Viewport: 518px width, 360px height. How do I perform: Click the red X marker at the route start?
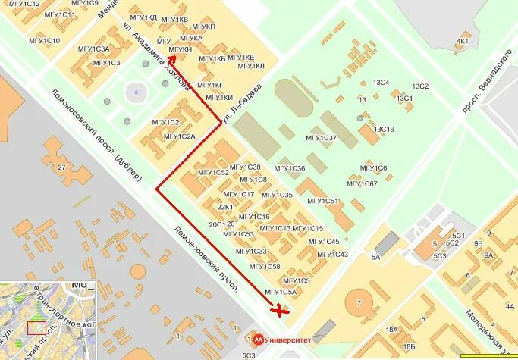[x=281, y=309]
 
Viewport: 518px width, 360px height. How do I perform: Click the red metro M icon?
[x=259, y=340]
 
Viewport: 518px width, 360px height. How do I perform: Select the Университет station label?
[x=289, y=340]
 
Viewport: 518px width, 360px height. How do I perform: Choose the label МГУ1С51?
[x=322, y=201]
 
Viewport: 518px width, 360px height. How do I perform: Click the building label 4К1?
[x=463, y=41]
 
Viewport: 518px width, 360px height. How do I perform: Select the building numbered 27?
[x=62, y=167]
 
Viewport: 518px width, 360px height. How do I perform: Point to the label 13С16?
[x=383, y=130]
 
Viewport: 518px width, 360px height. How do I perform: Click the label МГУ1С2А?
[x=179, y=136]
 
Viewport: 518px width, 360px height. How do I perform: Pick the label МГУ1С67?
[x=363, y=183]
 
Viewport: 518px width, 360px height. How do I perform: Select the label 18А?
[x=391, y=330]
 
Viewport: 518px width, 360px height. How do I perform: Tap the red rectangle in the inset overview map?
[x=36, y=327]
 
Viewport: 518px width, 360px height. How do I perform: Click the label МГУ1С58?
[x=265, y=267]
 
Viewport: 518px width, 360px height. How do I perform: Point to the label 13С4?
[x=381, y=83]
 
